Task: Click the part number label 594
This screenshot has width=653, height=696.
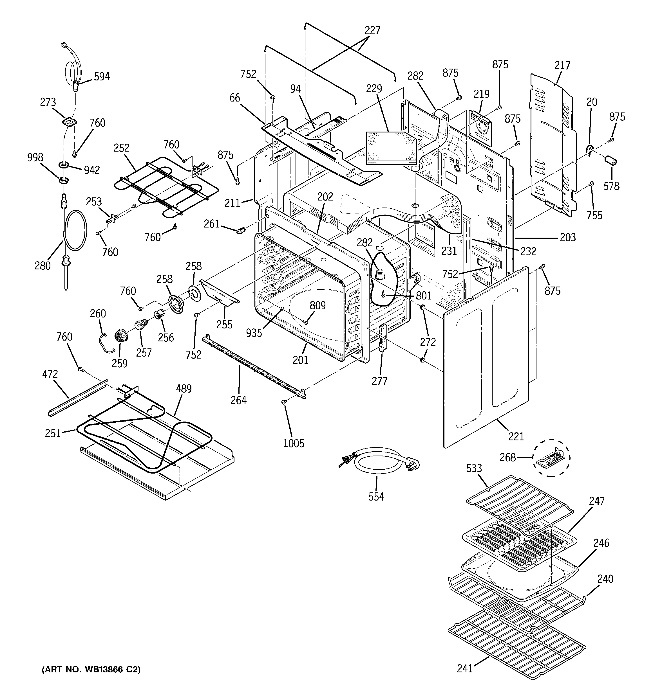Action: (x=102, y=76)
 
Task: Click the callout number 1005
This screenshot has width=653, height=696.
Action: (x=294, y=443)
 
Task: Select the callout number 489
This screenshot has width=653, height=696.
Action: (x=184, y=389)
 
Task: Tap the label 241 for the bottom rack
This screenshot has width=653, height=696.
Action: (x=465, y=668)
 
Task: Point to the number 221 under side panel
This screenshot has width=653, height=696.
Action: (x=516, y=436)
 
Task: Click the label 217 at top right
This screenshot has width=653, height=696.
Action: (x=562, y=66)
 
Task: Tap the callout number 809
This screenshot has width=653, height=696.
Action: (x=317, y=305)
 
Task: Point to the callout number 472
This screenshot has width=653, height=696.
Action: (x=50, y=374)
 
